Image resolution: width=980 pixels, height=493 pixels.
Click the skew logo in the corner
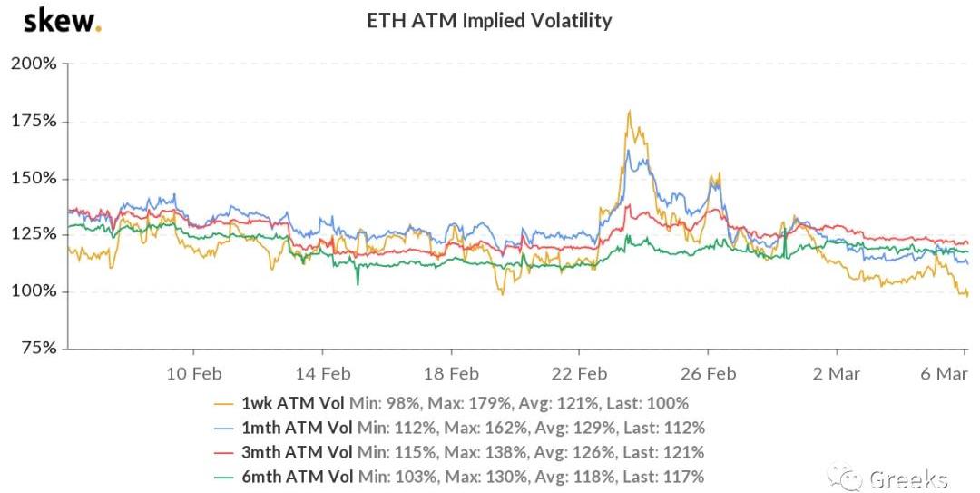62,20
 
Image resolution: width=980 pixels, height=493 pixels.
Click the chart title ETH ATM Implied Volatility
489,20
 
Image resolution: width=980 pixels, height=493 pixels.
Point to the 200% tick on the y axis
34,64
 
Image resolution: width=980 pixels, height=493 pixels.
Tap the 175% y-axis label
34,121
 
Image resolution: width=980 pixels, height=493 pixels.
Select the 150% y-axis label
34,178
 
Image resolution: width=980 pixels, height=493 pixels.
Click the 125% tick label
34,234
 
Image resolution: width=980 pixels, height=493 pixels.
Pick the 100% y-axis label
34,291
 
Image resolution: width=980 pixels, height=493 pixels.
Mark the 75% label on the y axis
37,349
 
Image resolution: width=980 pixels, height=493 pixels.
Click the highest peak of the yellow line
629,112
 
